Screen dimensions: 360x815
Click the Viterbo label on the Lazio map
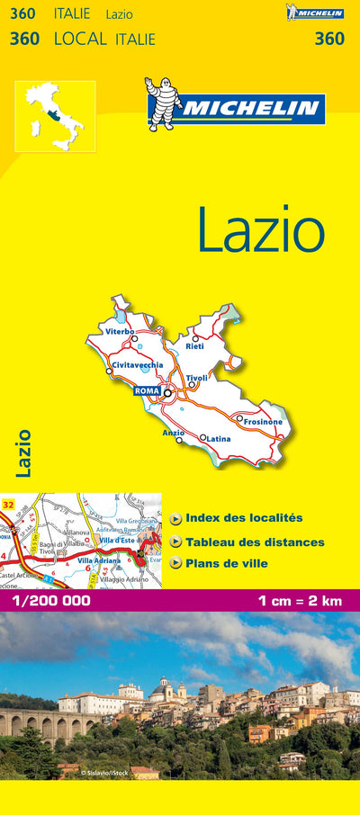[x=119, y=332]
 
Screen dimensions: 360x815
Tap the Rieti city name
[x=194, y=346]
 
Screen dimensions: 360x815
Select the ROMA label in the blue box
[x=146, y=391]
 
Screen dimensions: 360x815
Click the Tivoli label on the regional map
[x=196, y=378]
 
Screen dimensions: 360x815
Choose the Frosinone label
[x=263, y=422]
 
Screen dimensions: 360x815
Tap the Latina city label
[x=220, y=438]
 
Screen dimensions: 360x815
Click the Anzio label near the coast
[x=173, y=433]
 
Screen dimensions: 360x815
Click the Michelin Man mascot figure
[x=163, y=104]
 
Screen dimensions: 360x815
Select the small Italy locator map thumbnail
[x=55, y=116]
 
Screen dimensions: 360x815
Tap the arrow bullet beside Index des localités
[x=175, y=518]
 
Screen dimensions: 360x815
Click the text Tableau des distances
[x=255, y=542]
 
